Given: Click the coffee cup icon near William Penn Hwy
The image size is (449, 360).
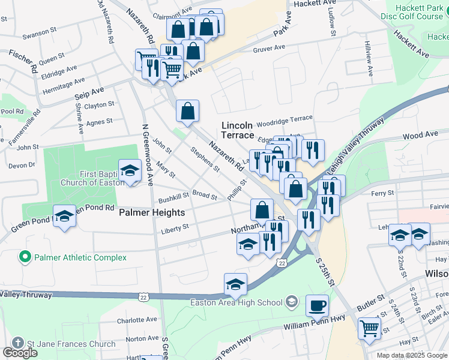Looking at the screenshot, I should (317, 305).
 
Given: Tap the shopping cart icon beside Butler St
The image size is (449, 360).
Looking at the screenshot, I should (369, 328).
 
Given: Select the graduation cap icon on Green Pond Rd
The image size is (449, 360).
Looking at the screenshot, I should (64, 217).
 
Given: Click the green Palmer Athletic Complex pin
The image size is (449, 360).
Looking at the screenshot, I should (25, 257).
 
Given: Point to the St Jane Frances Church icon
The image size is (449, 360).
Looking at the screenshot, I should (17, 344).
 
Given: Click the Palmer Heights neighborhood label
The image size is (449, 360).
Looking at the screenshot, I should (151, 212).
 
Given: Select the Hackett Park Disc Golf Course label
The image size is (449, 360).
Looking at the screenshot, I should (412, 11).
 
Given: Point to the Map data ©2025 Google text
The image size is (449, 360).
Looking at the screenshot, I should (411, 355).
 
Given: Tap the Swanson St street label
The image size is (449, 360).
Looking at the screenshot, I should (39, 33).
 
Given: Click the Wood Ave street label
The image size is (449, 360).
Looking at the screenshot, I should (420, 136).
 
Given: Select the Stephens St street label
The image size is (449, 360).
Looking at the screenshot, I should (205, 159).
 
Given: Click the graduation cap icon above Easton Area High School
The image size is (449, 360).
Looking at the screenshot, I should (236, 284).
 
